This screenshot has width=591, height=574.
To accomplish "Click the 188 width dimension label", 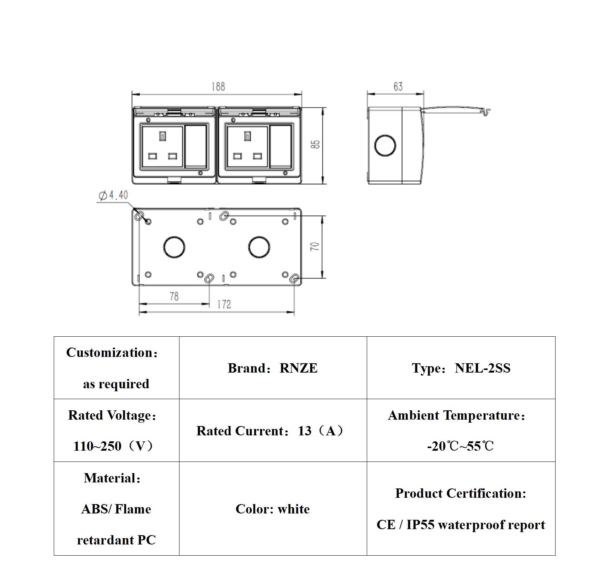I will point(218,87).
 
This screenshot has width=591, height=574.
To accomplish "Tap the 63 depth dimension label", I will point(398,87).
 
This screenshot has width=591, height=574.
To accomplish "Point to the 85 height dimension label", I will point(316,144).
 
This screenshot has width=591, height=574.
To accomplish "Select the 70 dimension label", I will point(315,247).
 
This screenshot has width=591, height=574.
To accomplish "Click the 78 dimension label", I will point(174,297).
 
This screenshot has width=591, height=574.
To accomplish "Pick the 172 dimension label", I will point(224,305).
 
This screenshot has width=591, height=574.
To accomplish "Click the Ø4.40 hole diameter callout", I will point(113,195).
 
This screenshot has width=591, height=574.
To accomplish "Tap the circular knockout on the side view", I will point(385,145).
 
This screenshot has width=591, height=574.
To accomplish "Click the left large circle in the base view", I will point(174,247).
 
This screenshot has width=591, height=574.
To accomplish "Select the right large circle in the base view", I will point(259,247).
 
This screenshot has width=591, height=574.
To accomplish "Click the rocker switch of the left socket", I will point(196,146).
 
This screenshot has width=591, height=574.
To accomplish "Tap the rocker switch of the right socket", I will point(281,146).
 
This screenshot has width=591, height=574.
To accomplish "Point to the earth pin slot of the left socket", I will point(162,136).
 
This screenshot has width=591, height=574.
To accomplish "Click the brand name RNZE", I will point(298,368).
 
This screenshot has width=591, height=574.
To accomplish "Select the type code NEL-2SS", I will point(482,368).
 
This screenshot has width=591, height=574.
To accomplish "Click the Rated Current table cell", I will point(273,431).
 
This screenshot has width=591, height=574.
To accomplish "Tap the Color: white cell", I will point(273,509).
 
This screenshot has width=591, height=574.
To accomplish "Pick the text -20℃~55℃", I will point(460,446).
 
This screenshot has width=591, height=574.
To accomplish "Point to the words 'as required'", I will point(116,384).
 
